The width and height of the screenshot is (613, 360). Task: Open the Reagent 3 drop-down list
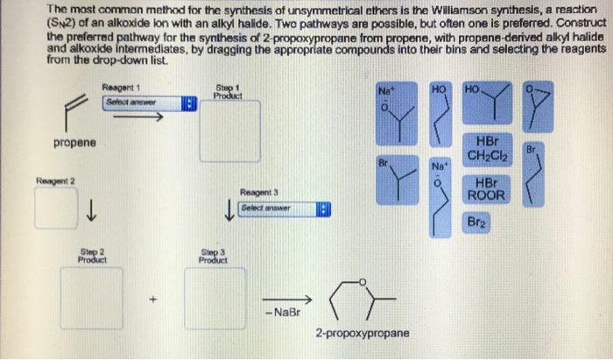290,208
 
